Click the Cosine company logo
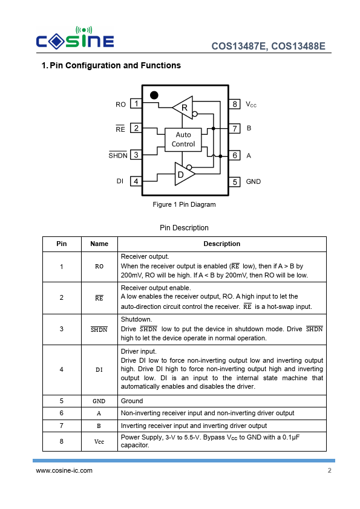75,38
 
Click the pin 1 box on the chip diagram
136,103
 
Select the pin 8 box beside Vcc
235,104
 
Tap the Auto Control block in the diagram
183,140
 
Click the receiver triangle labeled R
183,108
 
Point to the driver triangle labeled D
184,174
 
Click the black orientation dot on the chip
154,95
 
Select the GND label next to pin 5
254,181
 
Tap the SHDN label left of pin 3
118,155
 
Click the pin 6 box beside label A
235,155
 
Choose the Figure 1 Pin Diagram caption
184,204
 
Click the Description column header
222,244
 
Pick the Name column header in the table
99,244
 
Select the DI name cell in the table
99,370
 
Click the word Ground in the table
132,401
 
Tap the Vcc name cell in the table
99,441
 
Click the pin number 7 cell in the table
61,426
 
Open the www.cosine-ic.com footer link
64,470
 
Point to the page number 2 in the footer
330,470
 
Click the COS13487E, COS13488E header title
269,46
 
